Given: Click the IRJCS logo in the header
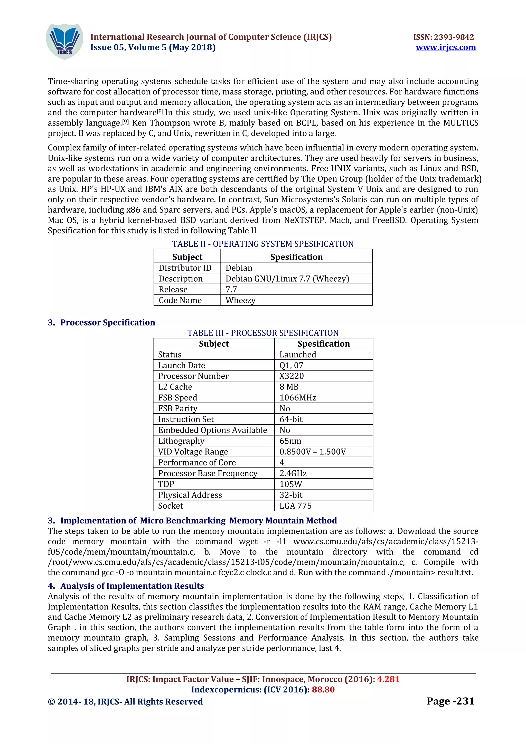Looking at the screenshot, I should [x=64, y=42].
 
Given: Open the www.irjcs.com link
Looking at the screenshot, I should [x=446, y=48].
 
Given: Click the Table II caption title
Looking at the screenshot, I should [x=262, y=244].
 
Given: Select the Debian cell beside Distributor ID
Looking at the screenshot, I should [x=239, y=268].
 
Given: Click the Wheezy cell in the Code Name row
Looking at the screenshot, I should [x=240, y=300].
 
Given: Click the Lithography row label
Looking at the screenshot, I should [x=181, y=441].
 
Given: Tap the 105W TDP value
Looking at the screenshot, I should [x=291, y=484].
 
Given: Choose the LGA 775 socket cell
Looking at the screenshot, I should [x=295, y=505].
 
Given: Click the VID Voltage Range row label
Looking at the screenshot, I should [x=193, y=452].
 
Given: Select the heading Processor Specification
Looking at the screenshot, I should [x=107, y=322].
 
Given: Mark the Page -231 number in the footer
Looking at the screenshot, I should [x=450, y=701].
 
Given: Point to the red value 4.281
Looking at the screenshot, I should [x=388, y=679].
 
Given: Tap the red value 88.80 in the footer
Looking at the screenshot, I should [x=323, y=690].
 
